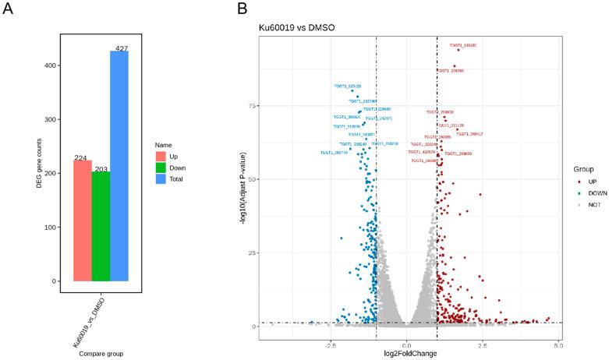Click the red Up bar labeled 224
tap(82, 221)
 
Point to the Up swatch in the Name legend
tap(161, 157)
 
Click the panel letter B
tap(243, 9)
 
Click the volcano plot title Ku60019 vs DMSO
tap(296, 28)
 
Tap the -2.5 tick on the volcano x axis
tap(331, 343)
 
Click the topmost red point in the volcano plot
tap(458, 50)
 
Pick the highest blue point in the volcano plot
tap(352, 90)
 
